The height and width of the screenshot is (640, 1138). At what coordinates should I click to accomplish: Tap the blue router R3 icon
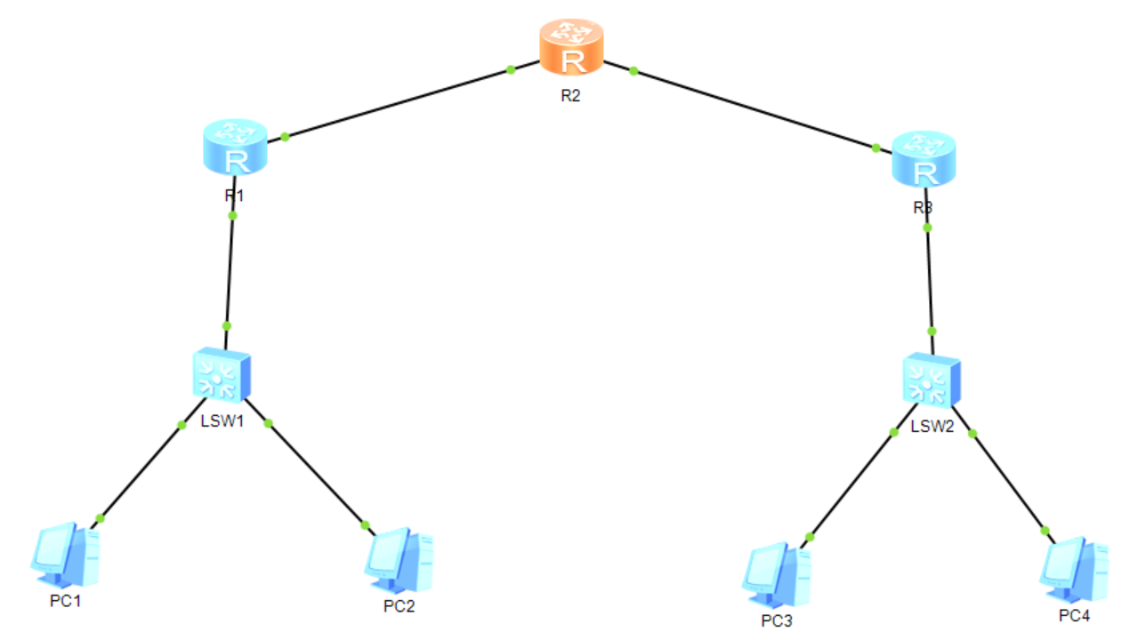point(924,159)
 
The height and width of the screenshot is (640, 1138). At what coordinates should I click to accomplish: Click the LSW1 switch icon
point(222,375)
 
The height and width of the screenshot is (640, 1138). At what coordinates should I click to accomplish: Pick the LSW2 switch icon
point(931,381)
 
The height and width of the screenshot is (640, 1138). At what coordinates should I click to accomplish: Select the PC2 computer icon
point(399,561)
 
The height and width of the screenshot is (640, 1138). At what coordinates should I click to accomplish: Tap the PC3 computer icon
point(777,574)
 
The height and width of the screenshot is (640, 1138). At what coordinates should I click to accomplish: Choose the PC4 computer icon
point(1074,570)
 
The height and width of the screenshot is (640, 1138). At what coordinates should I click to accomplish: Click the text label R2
point(570,96)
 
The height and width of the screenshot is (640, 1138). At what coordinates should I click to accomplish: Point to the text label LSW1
point(222,420)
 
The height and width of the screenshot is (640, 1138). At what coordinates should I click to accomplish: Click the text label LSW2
point(932,427)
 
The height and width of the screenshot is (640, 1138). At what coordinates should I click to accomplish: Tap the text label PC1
point(65,602)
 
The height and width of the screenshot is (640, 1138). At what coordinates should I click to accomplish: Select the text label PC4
point(1073,615)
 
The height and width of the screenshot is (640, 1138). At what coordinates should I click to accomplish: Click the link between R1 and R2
point(398,103)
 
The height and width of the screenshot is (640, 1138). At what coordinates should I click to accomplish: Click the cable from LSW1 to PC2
point(316,472)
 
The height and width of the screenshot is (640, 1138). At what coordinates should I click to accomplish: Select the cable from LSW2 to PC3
point(851,484)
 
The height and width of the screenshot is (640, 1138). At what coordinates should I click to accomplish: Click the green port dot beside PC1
point(101,517)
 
